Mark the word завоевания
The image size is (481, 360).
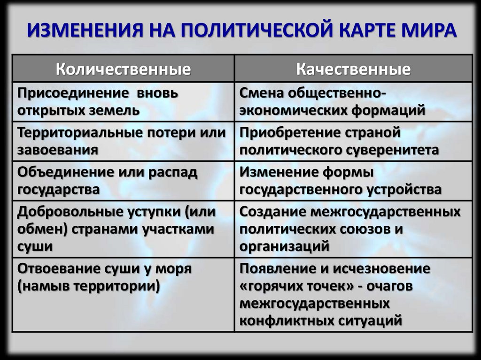pyautogui.click(x=58, y=150)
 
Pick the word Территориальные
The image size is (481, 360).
pyautogui.click(x=74, y=132)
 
